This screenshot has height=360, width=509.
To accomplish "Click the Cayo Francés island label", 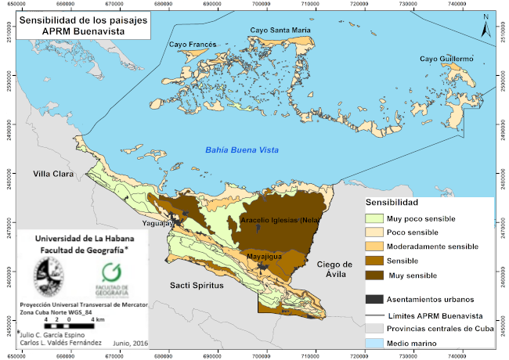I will coord(192,45).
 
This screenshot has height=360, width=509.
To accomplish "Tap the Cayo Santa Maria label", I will coord(280,31).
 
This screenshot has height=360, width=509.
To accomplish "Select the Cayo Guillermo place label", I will coord(447,59).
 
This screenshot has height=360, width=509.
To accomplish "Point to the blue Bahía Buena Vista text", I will coord(242,149).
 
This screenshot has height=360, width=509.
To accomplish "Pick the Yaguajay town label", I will coord(160,222).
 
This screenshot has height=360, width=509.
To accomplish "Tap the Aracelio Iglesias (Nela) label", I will coord(285,221).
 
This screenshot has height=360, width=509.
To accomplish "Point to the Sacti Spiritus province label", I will coord(197,286).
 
